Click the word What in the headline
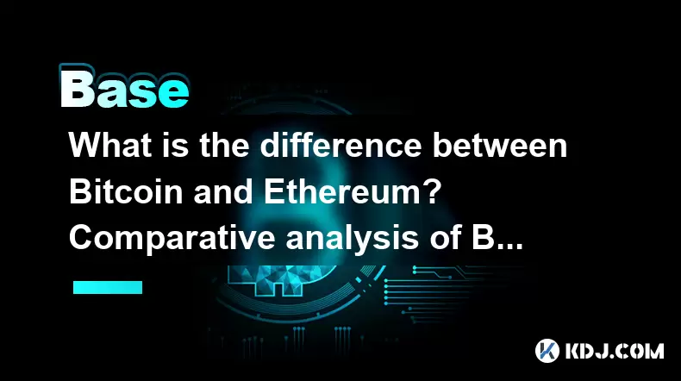[x=110, y=145]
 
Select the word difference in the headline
[x=341, y=145]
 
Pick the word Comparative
[x=173, y=239]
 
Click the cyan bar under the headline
[x=108, y=287]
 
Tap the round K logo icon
[x=547, y=351]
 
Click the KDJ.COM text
[x=614, y=351]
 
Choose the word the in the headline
[x=224, y=145]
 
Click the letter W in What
[x=85, y=145]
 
